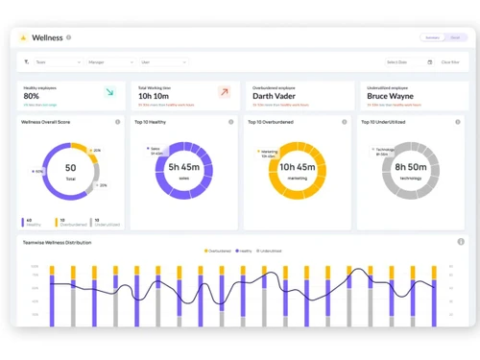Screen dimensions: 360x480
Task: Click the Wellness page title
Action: coord(47,38)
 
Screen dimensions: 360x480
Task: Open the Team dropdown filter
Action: coord(57,62)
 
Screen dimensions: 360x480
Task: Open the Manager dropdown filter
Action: coord(110,62)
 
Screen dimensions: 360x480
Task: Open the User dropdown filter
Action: coord(163,62)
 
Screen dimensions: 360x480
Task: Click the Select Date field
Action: coord(409,62)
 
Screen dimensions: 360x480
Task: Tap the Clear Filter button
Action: coord(449,62)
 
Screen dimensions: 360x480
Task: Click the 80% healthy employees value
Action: coord(32,96)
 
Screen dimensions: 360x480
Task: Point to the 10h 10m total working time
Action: coord(155,96)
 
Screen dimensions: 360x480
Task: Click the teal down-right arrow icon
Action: coord(109,92)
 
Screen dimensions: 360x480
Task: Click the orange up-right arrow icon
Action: coord(224,92)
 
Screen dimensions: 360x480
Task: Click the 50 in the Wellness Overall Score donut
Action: coord(70,168)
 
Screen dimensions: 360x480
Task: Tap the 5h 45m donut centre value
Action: coord(183,167)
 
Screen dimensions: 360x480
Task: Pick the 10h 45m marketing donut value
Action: coord(298,167)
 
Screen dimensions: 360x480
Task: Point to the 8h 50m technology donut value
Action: coord(411,167)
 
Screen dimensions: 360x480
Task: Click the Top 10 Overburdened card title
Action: coord(271,123)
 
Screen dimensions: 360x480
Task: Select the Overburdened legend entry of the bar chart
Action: coord(218,252)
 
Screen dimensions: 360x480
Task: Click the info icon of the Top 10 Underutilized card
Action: coord(458,122)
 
